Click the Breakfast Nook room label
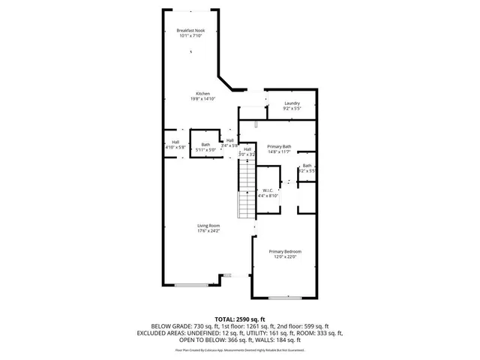tap(190, 30)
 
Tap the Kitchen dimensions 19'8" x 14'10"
tap(193, 98)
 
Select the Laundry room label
tap(292, 103)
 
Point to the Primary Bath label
tap(279, 147)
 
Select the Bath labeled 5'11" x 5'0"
tap(205, 145)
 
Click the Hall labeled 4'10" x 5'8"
tap(175, 142)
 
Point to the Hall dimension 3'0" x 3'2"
tap(247, 154)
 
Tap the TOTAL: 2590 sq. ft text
tap(240, 319)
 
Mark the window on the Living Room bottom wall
tap(193, 285)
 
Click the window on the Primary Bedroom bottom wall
tap(285, 298)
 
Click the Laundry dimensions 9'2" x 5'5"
tap(292, 109)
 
